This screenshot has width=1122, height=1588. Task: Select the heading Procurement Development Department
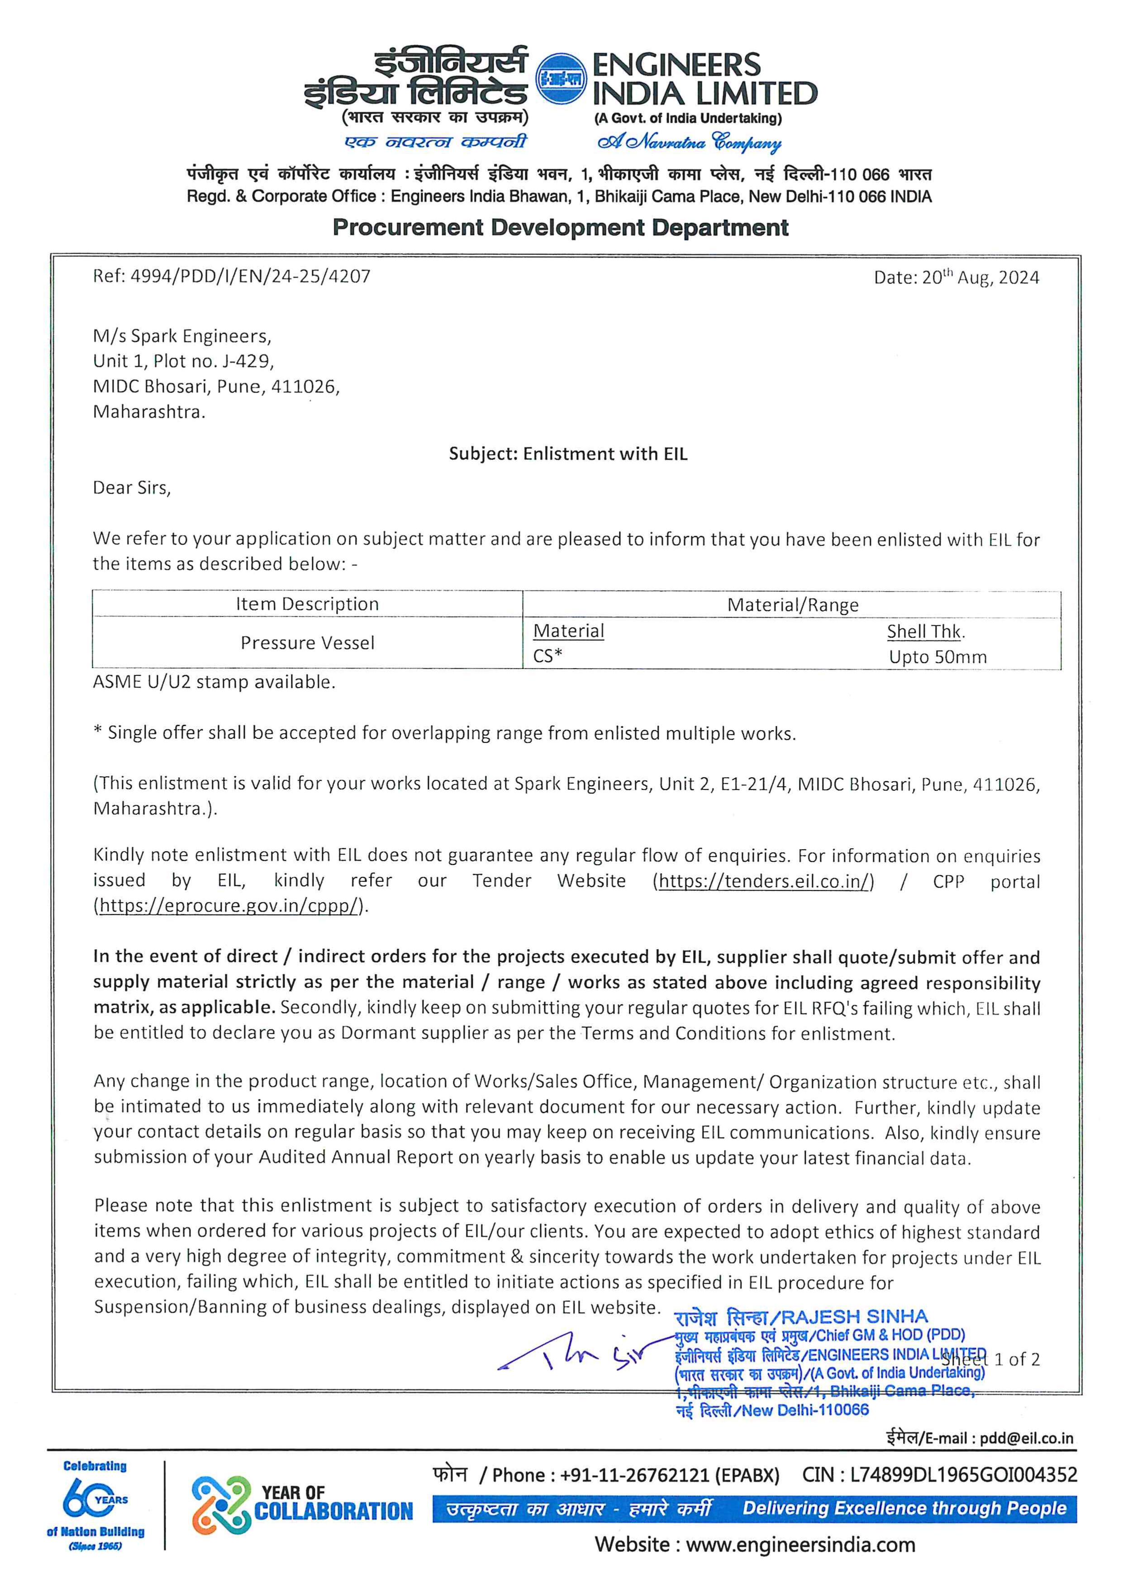pos(560,228)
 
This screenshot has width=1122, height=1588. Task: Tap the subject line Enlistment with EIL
pos(568,454)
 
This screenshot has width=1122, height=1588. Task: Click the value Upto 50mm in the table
pos(937,657)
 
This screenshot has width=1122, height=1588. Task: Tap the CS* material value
pos(547,655)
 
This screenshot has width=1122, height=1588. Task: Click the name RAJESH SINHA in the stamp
pos(855,1316)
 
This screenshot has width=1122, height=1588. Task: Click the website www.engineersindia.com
pos(800,1545)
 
